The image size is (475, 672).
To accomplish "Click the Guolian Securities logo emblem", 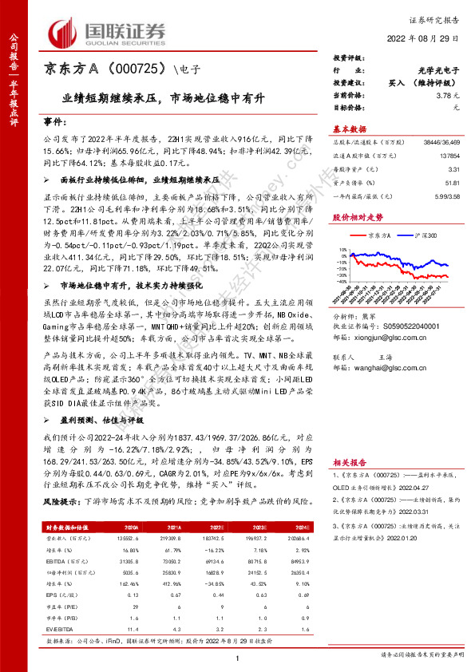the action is click(65, 31).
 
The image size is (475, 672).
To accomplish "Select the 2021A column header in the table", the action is click(168, 528).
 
